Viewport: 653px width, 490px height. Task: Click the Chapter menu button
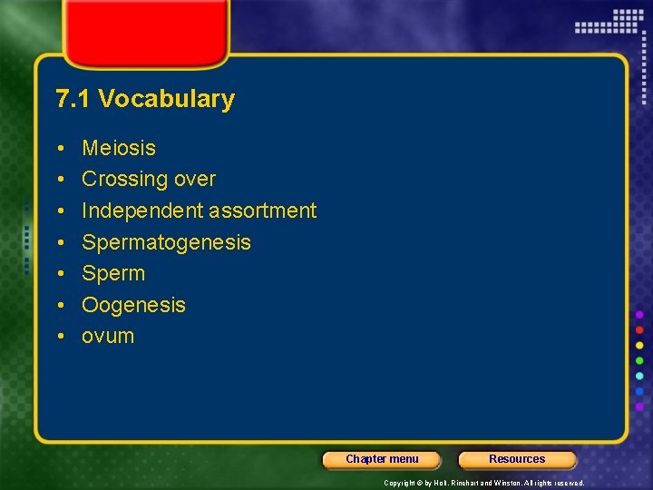(x=382, y=459)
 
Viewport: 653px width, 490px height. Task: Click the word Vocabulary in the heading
(x=166, y=99)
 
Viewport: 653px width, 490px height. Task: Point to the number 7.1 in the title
(x=73, y=99)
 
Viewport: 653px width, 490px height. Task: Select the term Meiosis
(x=119, y=148)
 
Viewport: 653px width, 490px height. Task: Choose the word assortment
(x=262, y=211)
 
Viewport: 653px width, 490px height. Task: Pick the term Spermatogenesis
(x=166, y=242)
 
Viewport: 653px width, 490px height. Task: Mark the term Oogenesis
(x=133, y=305)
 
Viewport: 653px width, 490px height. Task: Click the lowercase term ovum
(x=108, y=336)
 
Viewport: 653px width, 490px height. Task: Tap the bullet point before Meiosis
(x=58, y=148)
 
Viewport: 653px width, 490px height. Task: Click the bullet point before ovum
(x=58, y=337)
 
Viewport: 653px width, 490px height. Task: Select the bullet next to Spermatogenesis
(x=58, y=242)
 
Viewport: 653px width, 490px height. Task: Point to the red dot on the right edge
(x=639, y=329)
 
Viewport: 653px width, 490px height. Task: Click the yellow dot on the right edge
(x=639, y=345)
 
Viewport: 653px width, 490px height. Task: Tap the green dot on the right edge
(x=639, y=360)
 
